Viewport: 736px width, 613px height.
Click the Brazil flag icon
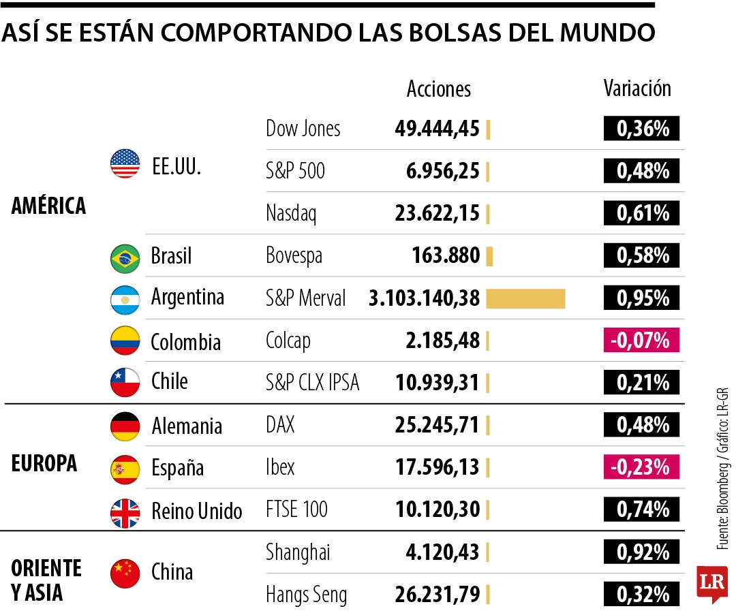125,257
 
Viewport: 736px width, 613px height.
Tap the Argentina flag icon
125,300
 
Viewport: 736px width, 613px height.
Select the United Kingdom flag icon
125,512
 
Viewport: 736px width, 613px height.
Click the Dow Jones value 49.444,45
437,129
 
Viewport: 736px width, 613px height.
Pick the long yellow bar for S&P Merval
525,298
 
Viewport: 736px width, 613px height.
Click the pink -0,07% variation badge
641,340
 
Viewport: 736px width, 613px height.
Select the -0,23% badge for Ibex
641,467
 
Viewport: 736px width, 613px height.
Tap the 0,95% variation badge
641,298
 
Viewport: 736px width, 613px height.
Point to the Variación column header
637,89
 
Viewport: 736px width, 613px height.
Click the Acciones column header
439,89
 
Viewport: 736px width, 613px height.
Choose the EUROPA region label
44,464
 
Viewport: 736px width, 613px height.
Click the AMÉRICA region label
48,206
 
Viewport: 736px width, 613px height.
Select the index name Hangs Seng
306,595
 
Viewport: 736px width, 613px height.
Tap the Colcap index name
288,341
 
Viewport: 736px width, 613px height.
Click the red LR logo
711,583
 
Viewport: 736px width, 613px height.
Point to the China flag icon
125,573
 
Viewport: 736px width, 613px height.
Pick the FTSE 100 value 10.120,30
437,509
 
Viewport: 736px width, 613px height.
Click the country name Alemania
186,426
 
